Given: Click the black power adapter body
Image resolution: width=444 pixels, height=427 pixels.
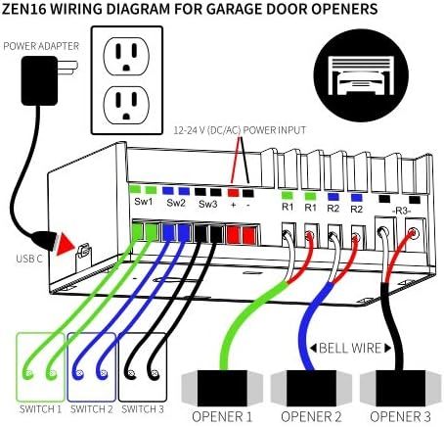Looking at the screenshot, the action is [x=39, y=80].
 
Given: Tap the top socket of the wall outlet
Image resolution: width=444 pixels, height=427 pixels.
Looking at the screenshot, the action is [x=126, y=56].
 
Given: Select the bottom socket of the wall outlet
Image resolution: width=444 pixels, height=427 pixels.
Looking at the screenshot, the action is [x=126, y=105].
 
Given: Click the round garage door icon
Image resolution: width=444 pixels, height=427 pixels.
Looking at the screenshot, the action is [x=361, y=75].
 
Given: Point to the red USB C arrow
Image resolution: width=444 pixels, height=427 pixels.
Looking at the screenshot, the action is [x=66, y=244].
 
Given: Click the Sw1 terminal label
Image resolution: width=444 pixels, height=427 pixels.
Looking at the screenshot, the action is [x=144, y=202].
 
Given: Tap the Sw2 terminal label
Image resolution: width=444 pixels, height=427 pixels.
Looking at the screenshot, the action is [x=176, y=203].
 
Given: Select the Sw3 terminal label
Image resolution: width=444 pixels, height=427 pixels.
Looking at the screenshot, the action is [x=208, y=204].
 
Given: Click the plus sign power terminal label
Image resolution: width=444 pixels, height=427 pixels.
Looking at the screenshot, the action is [x=233, y=205].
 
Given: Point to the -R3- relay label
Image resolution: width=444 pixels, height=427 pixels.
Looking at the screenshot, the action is [x=401, y=211].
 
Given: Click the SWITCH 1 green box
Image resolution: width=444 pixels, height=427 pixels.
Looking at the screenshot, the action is [x=40, y=367].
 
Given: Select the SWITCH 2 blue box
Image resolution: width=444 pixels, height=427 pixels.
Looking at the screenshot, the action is [x=92, y=367].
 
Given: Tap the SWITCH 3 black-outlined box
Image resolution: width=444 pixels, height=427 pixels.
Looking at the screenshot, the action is [x=143, y=367].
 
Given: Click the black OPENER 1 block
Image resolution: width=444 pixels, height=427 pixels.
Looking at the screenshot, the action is [x=222, y=388].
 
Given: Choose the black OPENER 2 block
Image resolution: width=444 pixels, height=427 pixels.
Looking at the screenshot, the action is [x=311, y=388].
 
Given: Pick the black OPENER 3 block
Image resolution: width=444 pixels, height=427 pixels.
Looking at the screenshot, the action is [x=401, y=388].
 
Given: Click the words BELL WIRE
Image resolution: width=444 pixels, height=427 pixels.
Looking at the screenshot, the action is [x=350, y=348].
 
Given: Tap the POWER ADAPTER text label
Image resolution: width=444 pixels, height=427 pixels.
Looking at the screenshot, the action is [x=41, y=46].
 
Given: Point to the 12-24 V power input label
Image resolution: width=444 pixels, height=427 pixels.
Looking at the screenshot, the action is [x=240, y=130].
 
